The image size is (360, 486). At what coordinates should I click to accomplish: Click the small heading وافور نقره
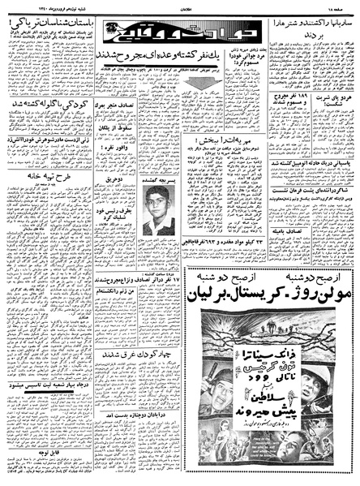click(118, 171)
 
